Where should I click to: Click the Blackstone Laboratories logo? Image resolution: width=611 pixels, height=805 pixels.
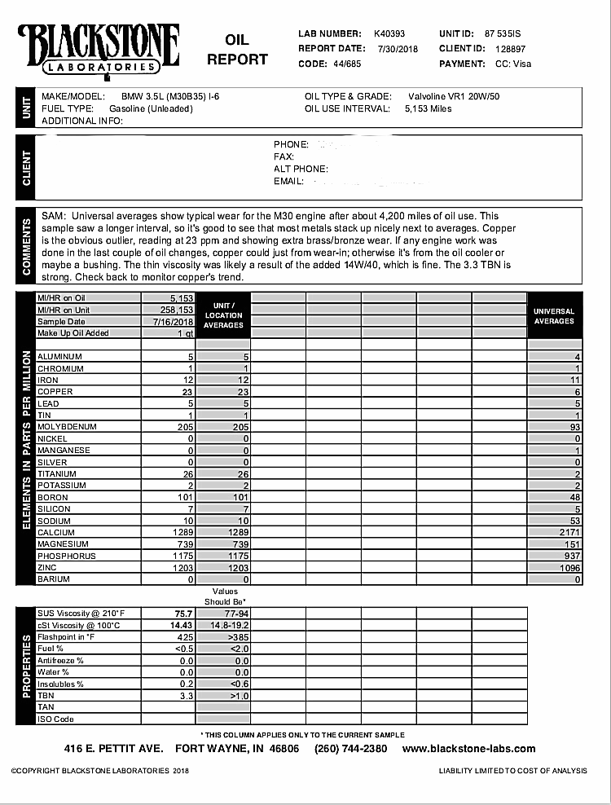(x=98, y=50)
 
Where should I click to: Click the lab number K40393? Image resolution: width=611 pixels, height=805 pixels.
(x=389, y=34)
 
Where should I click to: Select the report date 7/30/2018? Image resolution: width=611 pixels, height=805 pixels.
(x=398, y=49)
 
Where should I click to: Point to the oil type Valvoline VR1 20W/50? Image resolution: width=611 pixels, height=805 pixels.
(x=453, y=96)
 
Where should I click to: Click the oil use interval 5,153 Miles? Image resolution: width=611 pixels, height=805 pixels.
(x=428, y=108)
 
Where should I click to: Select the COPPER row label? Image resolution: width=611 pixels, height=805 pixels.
(x=55, y=392)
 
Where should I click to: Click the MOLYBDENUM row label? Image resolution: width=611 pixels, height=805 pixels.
(x=67, y=427)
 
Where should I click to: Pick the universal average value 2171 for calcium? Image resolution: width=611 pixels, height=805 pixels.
(x=568, y=532)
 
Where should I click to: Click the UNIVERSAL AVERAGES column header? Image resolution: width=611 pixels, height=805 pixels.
(x=554, y=316)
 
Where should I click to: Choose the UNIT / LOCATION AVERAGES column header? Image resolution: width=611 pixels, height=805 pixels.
(x=223, y=315)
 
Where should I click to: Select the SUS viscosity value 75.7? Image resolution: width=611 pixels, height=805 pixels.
(x=182, y=613)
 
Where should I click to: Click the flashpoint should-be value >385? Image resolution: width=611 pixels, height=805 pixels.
(x=239, y=636)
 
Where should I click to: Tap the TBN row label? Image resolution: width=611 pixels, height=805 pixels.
(x=46, y=696)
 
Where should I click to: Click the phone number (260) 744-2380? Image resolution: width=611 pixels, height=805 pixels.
(x=351, y=749)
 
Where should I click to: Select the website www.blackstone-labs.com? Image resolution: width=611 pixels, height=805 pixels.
(x=468, y=749)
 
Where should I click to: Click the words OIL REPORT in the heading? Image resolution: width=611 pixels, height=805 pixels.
(x=237, y=50)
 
